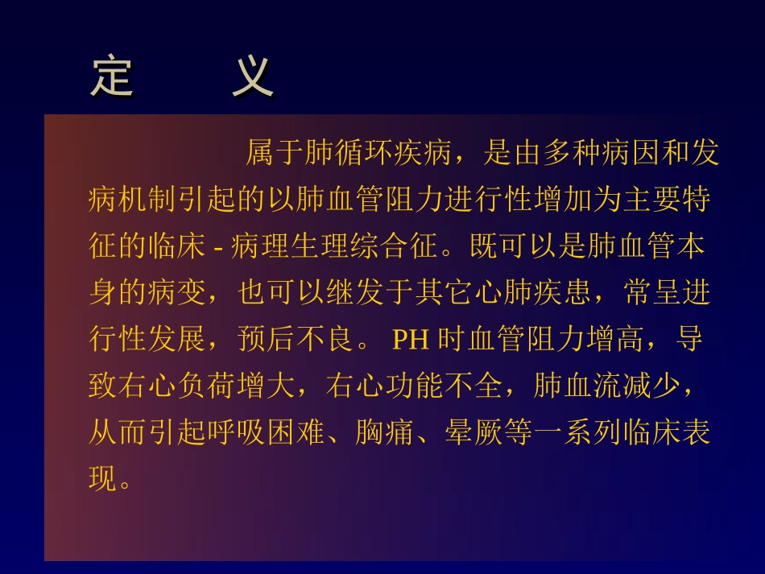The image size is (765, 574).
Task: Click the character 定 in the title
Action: tap(112, 77)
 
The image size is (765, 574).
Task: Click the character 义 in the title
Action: tap(253, 77)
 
